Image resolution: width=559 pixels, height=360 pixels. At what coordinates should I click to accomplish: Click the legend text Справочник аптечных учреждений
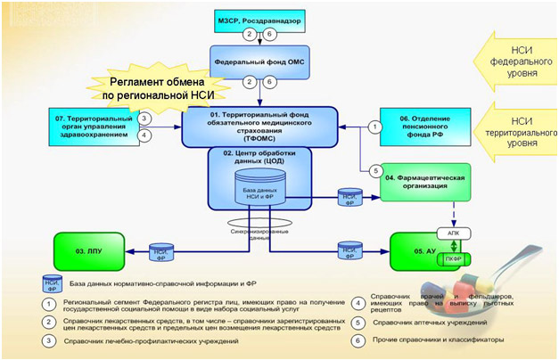click(x=415, y=322)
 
